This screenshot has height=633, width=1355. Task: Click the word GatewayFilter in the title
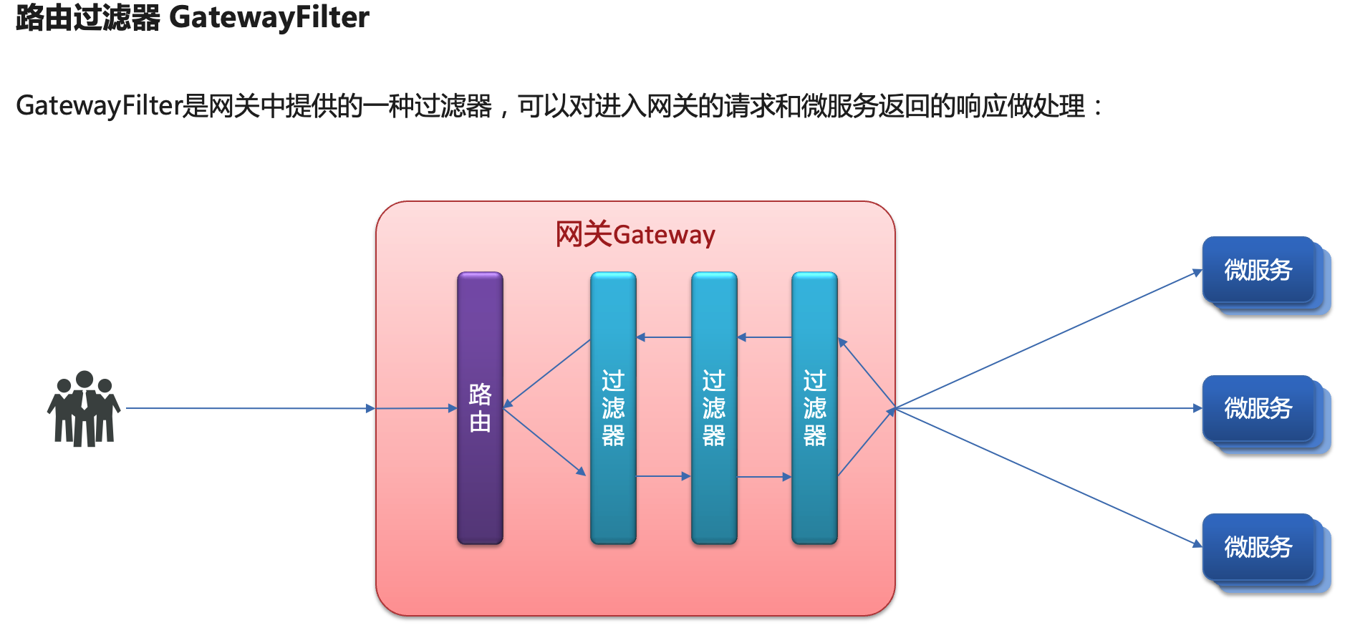coord(269,17)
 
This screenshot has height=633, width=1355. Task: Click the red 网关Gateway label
coord(635,235)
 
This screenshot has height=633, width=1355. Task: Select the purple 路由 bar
coord(480,408)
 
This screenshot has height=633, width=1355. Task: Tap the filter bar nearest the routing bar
coord(613,408)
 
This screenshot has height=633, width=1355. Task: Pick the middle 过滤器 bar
coord(714,408)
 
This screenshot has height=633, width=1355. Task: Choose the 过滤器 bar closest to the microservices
coord(814,408)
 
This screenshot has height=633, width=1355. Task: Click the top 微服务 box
coord(1258,270)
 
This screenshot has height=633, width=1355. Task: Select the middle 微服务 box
coord(1258,409)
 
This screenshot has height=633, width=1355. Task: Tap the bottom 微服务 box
coord(1258,547)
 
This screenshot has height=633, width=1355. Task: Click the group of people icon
coord(84,409)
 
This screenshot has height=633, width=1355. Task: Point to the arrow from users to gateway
coord(251,408)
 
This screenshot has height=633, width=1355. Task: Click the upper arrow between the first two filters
coord(664,337)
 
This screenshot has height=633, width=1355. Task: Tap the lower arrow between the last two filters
coord(764,477)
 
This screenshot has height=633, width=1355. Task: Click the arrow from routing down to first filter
coord(545,441)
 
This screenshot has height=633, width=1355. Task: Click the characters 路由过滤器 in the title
coord(88,17)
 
